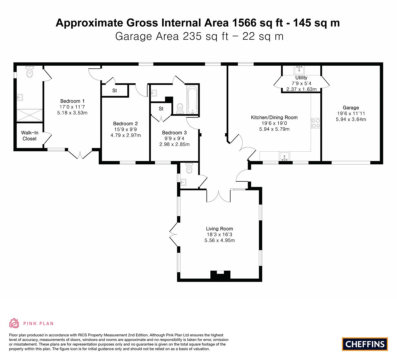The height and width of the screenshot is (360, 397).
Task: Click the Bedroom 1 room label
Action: [72, 101]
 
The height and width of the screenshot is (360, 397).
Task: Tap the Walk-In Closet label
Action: [29, 136]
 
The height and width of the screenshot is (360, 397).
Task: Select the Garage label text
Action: [351, 108]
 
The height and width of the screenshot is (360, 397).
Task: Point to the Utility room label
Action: [301, 78]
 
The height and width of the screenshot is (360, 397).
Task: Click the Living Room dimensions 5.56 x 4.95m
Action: [220, 241]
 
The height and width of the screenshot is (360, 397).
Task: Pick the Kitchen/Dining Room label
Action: [274, 117]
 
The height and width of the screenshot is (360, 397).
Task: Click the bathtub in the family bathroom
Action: [192, 100]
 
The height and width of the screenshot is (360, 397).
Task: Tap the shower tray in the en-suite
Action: [30, 115]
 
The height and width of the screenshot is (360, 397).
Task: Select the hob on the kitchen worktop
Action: [316, 123]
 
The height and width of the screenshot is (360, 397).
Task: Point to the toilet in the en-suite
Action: [30, 72]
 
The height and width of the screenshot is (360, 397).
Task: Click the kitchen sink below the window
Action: [285, 156]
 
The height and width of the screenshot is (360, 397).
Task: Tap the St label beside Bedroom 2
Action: [114, 91]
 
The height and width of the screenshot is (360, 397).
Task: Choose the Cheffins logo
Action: [365, 344]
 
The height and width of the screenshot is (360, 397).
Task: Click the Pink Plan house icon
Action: [14, 323]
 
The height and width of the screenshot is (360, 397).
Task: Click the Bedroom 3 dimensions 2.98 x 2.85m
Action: [174, 145]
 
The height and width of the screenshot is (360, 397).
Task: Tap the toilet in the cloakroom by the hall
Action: [189, 168]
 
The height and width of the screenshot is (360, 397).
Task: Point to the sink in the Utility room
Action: [299, 69]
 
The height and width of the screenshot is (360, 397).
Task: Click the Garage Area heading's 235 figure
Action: [192, 36]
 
